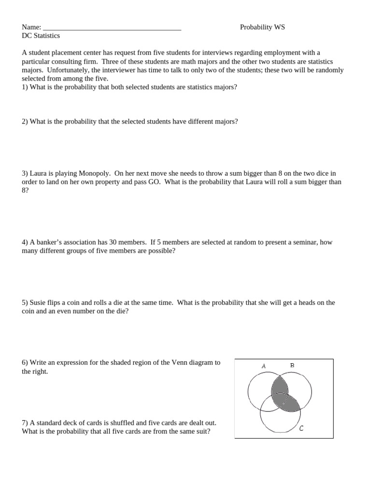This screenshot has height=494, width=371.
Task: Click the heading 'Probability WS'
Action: [x=262, y=27]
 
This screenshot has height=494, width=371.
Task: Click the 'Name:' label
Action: [x=31, y=27]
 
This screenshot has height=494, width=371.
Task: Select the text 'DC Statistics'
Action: [x=41, y=36]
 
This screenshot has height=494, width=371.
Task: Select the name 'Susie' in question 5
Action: [x=38, y=302]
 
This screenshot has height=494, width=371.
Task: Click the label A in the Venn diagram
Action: [x=264, y=366]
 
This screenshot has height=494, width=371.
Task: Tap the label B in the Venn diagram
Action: [x=292, y=365]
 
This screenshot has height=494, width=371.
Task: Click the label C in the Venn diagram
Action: [x=301, y=428]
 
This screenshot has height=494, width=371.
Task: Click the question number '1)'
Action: [x=25, y=87]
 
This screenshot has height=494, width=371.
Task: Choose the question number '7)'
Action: [x=25, y=423]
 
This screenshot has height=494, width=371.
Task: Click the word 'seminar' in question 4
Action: [x=306, y=242]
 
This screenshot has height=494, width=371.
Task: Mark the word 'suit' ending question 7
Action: [x=200, y=431]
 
